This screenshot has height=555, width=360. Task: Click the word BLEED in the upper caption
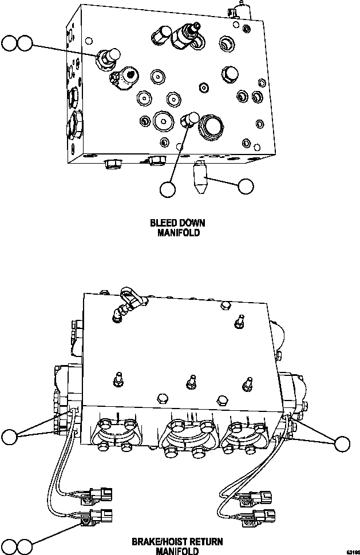[x=163, y=223]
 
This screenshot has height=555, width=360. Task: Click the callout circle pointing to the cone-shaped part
[x=246, y=186]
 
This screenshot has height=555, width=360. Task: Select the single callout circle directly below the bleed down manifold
[x=167, y=189]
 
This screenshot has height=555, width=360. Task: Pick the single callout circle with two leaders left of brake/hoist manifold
[x=10, y=438]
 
